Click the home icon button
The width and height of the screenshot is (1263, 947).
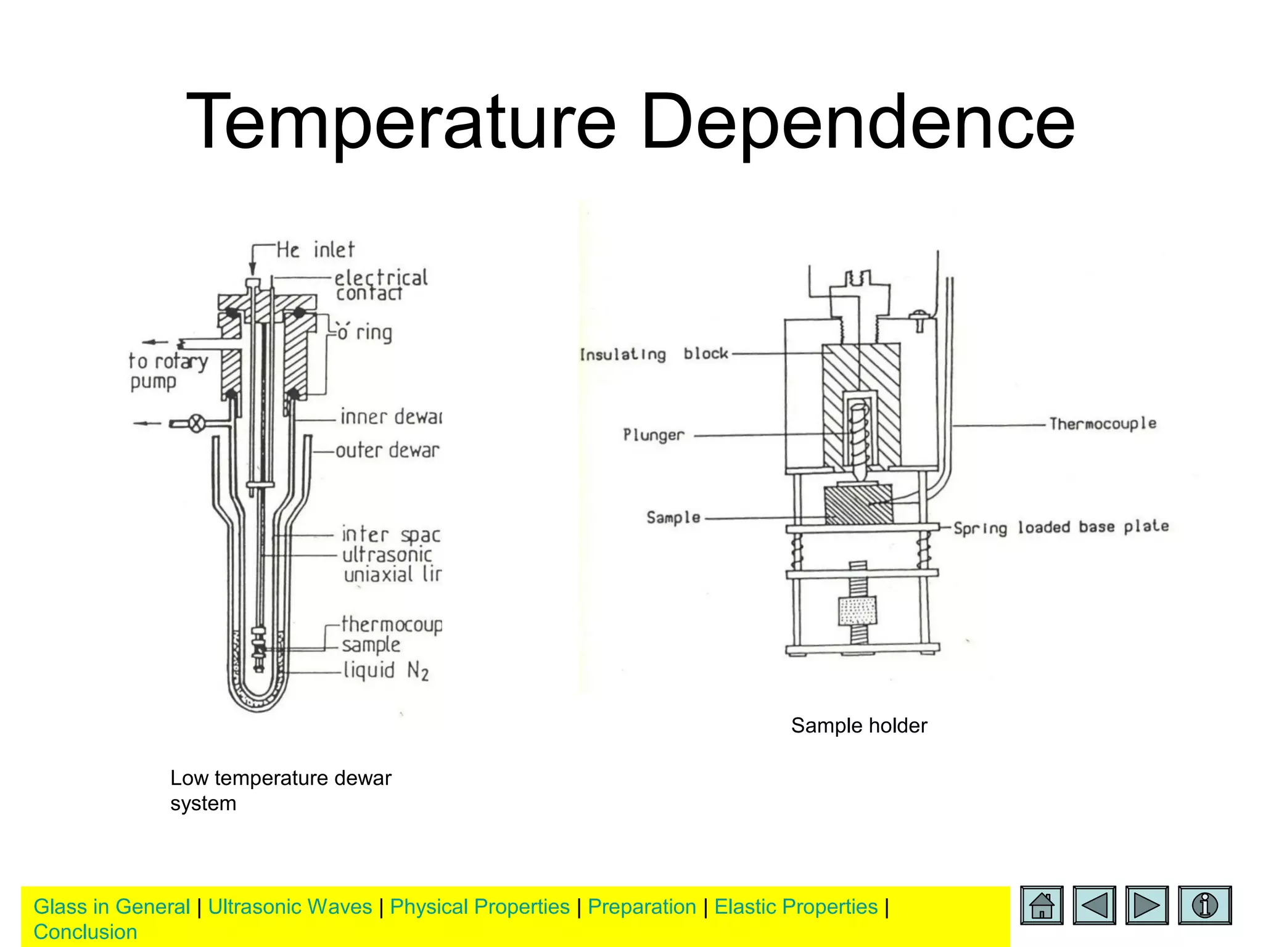tap(1042, 905)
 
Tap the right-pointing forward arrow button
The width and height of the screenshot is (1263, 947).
tap(1146, 905)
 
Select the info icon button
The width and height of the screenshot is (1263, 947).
tap(1204, 905)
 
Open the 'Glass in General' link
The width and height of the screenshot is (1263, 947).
tap(112, 907)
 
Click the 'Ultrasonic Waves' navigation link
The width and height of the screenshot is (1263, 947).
tap(290, 907)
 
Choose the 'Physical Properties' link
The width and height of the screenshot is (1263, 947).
tap(480, 907)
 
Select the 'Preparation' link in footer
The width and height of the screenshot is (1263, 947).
tap(641, 907)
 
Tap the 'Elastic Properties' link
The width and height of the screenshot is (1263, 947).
tap(796, 907)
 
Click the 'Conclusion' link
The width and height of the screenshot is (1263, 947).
tap(85, 932)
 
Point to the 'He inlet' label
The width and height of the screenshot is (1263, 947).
tap(315, 250)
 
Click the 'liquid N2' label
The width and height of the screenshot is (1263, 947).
tap(386, 670)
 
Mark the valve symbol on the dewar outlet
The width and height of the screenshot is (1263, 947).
tap(196, 424)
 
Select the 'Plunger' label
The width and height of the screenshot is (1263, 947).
tap(653, 435)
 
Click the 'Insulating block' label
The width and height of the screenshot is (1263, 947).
tap(654, 354)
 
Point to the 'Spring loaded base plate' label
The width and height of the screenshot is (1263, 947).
tap(1061, 527)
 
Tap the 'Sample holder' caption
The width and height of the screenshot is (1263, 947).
tap(859, 726)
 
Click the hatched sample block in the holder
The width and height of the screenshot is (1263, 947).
tap(858, 504)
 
